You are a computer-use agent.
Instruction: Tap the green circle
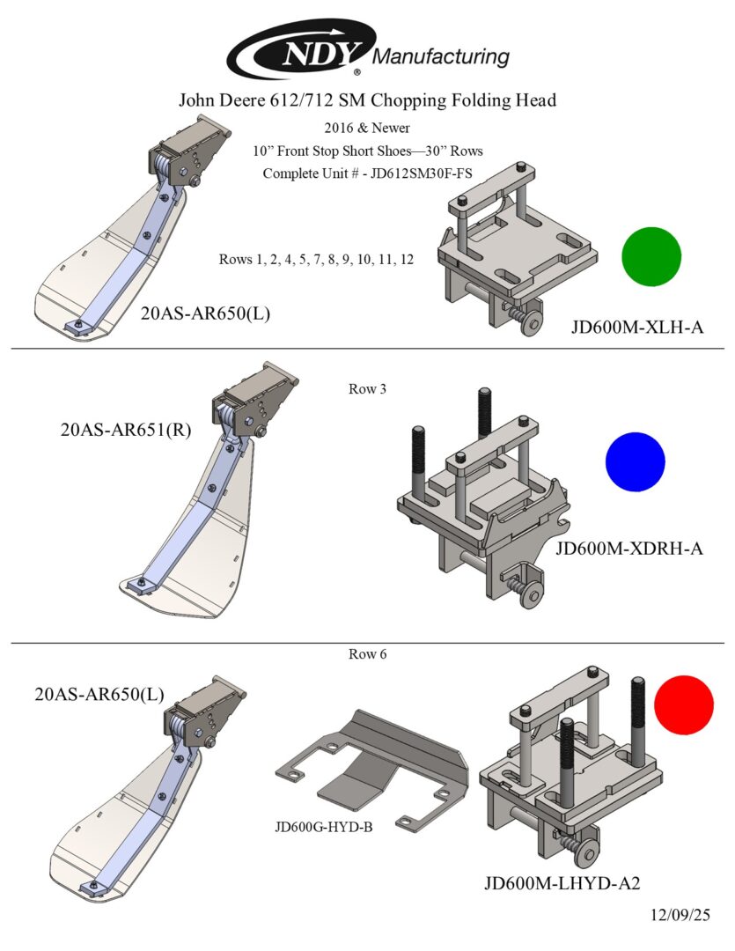coord(651,256)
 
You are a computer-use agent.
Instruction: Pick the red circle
coord(683,704)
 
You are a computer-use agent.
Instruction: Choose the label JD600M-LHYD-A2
coord(562,884)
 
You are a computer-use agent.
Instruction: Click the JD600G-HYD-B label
coord(325,828)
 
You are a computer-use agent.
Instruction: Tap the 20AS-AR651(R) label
coord(126,431)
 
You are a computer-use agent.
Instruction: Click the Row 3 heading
coord(368,388)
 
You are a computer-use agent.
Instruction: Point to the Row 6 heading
coord(368,654)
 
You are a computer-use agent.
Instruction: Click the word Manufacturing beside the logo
coord(442,57)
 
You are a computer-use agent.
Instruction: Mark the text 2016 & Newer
coord(367,129)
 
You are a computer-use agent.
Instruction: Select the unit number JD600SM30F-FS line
coord(367,173)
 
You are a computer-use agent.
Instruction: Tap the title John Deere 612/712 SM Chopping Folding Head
coord(367,100)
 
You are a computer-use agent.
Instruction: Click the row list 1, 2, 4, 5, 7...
coord(316,260)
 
